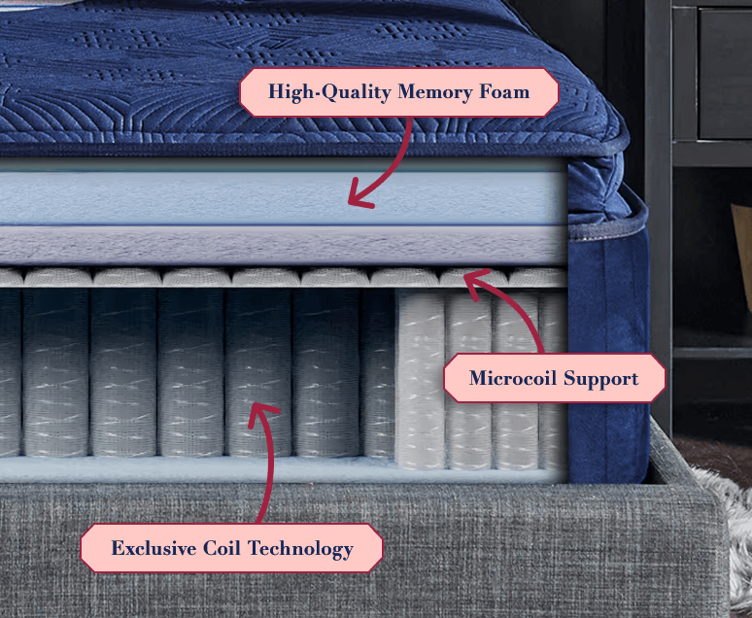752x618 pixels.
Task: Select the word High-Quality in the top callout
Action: click(x=329, y=92)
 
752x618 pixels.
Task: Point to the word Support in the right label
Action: click(x=600, y=379)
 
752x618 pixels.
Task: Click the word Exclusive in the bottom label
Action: click(x=154, y=548)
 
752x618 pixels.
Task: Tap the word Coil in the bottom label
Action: click(x=222, y=548)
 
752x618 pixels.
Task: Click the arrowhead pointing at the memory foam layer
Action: click(x=359, y=194)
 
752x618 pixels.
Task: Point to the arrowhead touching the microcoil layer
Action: click(x=475, y=282)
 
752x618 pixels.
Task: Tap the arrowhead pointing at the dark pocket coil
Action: click(x=262, y=414)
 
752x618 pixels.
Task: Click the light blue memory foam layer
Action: click(x=283, y=197)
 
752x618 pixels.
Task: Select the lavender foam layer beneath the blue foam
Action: click(x=283, y=245)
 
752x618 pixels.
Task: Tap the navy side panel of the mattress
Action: click(x=608, y=355)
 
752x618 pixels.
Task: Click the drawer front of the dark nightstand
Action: click(x=725, y=72)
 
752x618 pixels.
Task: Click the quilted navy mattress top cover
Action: click(x=297, y=72)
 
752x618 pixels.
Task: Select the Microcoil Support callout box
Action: click(x=555, y=378)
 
